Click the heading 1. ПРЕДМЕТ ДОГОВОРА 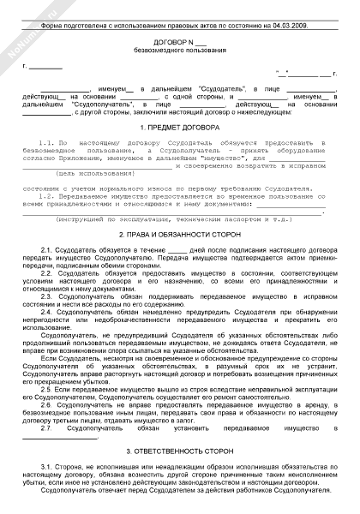click(x=180, y=127)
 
